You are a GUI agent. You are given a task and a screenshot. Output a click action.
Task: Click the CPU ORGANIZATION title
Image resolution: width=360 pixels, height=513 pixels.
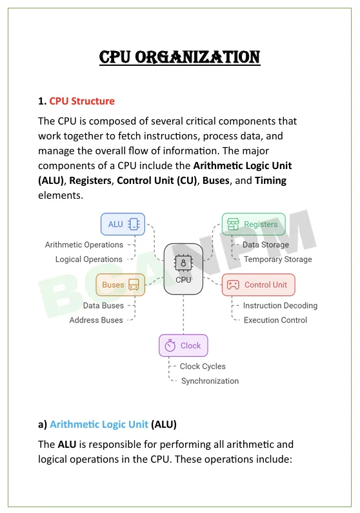(x=179, y=57)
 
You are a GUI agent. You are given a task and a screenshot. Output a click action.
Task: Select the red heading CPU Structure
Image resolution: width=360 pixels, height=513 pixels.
(x=82, y=101)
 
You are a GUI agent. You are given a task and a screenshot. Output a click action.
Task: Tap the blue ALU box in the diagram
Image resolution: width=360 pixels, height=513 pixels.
(x=123, y=224)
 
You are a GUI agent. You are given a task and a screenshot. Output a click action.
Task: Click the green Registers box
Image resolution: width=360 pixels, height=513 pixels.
(x=254, y=224)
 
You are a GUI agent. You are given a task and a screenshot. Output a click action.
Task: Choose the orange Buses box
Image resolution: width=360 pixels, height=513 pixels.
(x=121, y=285)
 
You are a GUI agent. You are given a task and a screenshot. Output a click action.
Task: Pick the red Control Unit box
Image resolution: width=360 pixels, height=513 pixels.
(x=258, y=285)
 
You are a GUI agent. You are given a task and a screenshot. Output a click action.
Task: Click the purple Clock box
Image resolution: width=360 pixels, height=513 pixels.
(x=183, y=345)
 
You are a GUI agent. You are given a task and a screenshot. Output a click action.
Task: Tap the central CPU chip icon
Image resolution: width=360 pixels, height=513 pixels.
(x=183, y=263)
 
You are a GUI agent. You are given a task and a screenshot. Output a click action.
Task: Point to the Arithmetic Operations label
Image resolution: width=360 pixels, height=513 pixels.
(x=84, y=245)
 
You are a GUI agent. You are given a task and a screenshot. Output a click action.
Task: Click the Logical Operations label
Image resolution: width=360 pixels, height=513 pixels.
(x=88, y=259)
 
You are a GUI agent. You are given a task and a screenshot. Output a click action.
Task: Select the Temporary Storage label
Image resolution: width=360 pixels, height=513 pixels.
(x=278, y=259)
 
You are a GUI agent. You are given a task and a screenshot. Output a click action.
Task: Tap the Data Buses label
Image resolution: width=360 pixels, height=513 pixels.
(x=103, y=306)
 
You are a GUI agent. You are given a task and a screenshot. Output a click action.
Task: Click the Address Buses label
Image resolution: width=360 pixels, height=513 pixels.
(x=96, y=320)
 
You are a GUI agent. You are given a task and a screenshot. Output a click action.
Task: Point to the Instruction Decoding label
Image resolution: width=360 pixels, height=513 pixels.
(x=280, y=306)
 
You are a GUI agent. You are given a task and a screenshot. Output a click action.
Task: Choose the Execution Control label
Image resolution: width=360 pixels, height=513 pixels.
(x=275, y=320)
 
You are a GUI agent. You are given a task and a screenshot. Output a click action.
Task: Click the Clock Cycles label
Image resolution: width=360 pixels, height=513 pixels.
(x=203, y=367)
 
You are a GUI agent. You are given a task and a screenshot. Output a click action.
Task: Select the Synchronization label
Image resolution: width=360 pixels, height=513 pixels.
(x=210, y=381)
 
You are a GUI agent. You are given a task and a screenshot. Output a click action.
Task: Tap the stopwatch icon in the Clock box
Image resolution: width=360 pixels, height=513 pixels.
(x=170, y=345)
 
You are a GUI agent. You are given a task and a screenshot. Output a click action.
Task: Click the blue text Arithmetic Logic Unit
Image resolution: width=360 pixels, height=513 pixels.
(x=99, y=425)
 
